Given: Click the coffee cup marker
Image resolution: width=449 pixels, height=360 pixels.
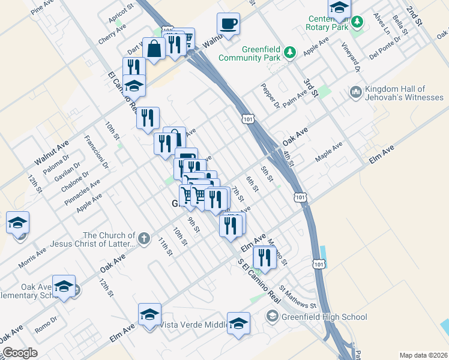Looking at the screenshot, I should (x=228, y=25).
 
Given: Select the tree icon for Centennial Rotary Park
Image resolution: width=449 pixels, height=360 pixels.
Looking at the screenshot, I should (x=358, y=22).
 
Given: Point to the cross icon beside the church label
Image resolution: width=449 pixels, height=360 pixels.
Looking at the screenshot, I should (x=143, y=239).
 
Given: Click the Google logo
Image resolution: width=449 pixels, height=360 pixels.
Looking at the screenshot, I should (x=20, y=353).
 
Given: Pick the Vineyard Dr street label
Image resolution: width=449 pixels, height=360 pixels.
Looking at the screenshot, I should (x=349, y=57).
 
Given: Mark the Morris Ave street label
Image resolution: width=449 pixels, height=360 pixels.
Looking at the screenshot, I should (x=32, y=257).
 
